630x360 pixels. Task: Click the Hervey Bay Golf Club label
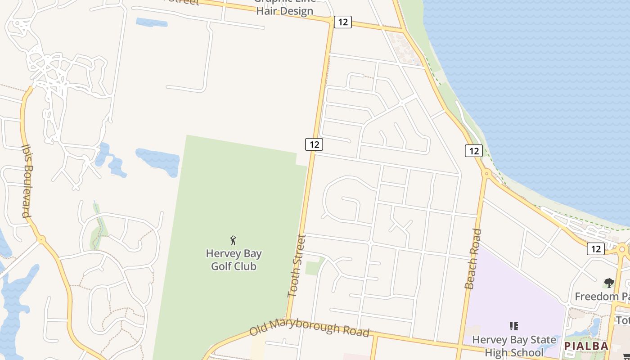(x=234, y=260)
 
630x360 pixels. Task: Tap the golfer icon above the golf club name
(x=233, y=240)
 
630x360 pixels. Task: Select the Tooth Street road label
(x=297, y=265)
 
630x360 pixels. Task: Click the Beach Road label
(x=473, y=259)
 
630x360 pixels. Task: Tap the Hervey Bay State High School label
(x=514, y=346)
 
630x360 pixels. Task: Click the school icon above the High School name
(x=513, y=326)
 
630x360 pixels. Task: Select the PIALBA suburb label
(x=586, y=346)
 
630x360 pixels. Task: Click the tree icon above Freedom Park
(x=609, y=283)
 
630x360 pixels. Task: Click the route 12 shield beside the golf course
(x=314, y=144)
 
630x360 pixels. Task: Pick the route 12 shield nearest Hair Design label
(x=342, y=22)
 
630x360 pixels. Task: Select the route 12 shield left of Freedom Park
(x=595, y=248)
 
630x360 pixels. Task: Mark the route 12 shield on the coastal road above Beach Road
(x=473, y=151)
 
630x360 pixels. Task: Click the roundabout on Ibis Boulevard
(x=41, y=239)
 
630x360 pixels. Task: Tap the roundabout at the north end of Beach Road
(x=486, y=173)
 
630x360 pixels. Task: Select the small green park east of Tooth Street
(x=315, y=266)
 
